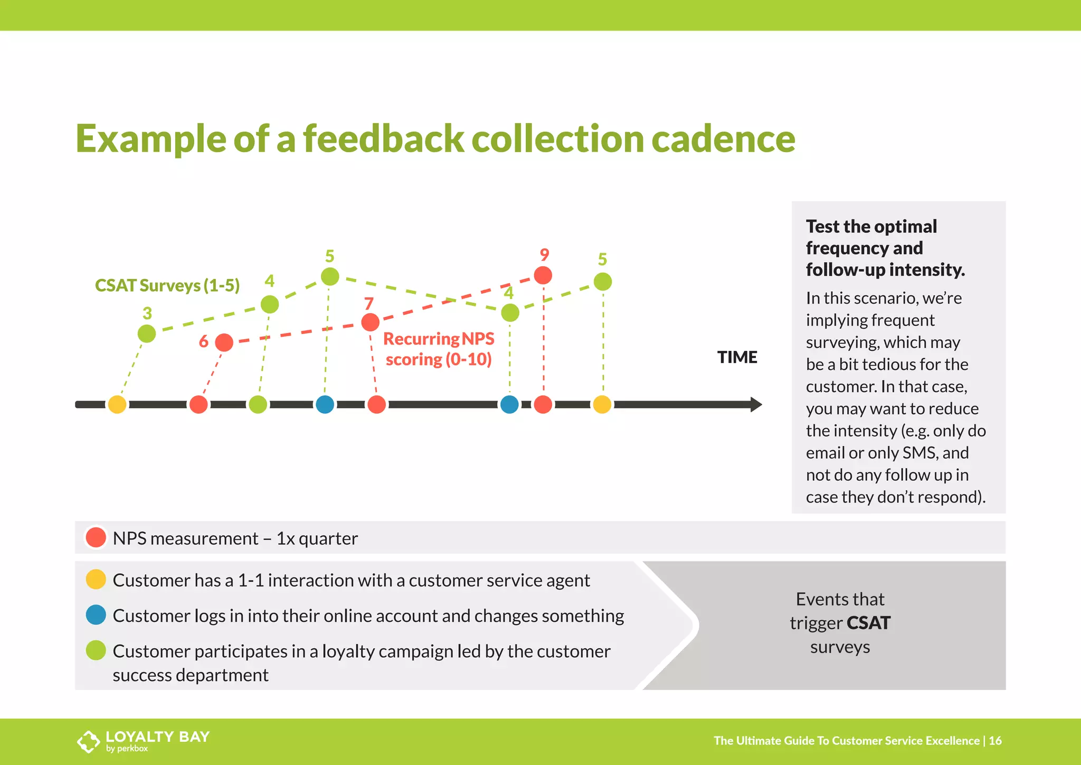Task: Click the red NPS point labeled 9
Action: (543, 275)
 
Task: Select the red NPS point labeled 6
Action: (224, 342)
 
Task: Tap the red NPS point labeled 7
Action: (371, 322)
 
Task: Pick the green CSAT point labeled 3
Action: (147, 333)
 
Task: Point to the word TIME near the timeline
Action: (737, 358)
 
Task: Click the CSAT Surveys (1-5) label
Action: (167, 286)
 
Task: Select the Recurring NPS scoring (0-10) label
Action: (439, 349)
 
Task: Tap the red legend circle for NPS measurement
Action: (96, 537)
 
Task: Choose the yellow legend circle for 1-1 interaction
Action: (96, 579)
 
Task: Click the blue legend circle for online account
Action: (96, 615)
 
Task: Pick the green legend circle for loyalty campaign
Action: (96, 650)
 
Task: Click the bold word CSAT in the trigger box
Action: (868, 623)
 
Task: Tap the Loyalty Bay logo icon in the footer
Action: (88, 741)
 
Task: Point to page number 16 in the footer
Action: (995, 741)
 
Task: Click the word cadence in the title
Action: (723, 138)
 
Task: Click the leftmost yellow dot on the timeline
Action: (117, 405)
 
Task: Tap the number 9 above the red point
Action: (545, 255)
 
